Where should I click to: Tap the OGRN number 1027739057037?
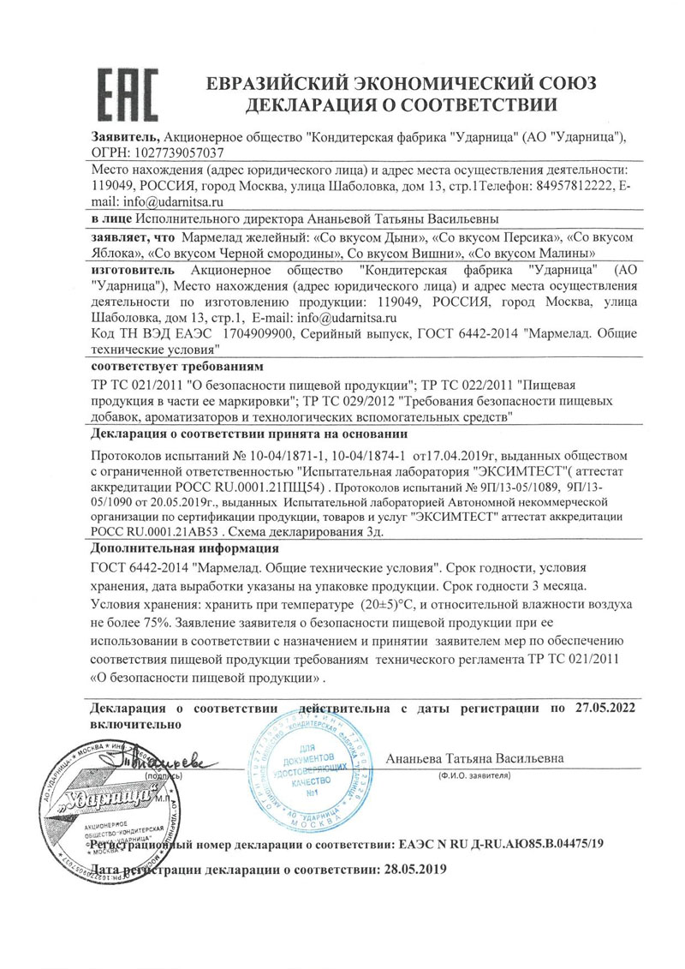pyautogui.click(x=182, y=153)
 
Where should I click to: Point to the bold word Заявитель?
pyautogui.click(x=124, y=137)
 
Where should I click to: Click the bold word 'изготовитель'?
pyautogui.click(x=132, y=268)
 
